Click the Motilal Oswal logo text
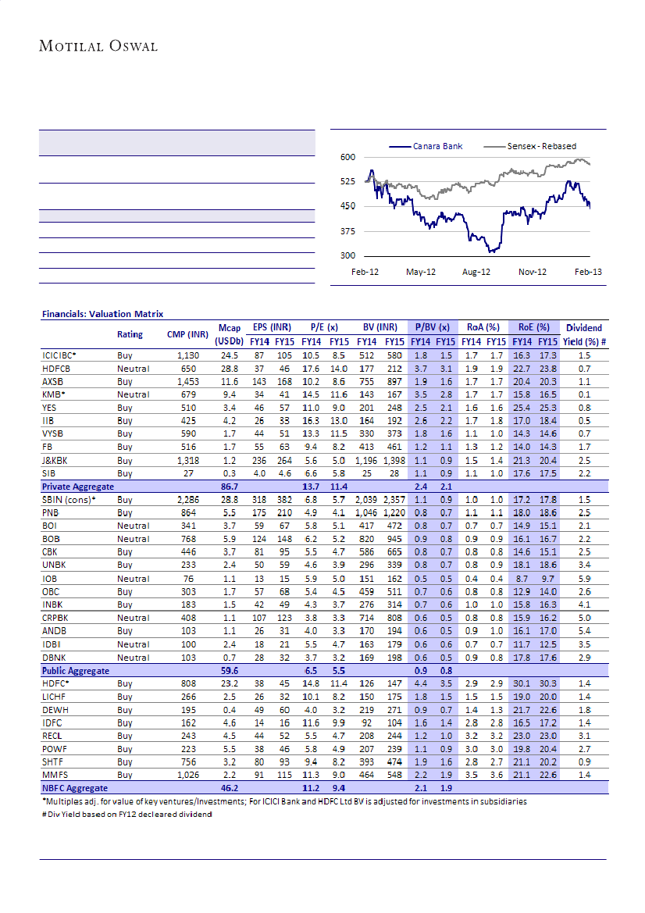click(98, 46)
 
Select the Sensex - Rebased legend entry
click(542, 145)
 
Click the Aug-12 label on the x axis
click(476, 272)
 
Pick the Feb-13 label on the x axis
click(587, 272)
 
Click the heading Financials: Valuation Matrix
click(102, 314)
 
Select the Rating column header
click(130, 334)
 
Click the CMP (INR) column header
click(187, 334)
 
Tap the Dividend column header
click(584, 328)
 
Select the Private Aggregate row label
click(77, 486)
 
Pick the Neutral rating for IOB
click(133, 579)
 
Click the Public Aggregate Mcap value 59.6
click(230, 671)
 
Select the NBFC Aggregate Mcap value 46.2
click(230, 789)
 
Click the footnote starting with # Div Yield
click(127, 815)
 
